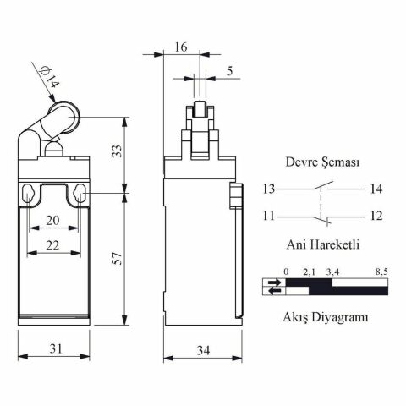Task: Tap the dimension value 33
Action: pos(118,152)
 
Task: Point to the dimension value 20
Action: pos(53,220)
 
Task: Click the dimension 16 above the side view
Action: pos(181,47)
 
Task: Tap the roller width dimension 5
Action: pos(231,72)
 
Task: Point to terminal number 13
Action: pos(269,189)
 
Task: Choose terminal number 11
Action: pos(269,217)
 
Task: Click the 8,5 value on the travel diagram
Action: pos(381,272)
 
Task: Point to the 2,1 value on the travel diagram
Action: pos(309,272)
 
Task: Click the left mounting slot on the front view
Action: pos(30,194)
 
